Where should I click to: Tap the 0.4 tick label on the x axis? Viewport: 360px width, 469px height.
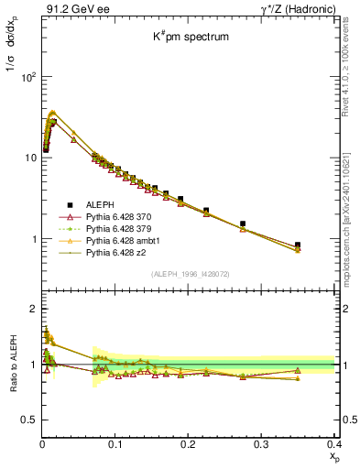[x=333, y=444]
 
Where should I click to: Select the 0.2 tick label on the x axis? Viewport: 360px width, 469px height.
[x=188, y=444]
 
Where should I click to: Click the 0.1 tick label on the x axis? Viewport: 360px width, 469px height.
[x=115, y=444]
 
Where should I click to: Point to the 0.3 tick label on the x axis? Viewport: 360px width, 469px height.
[x=261, y=444]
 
